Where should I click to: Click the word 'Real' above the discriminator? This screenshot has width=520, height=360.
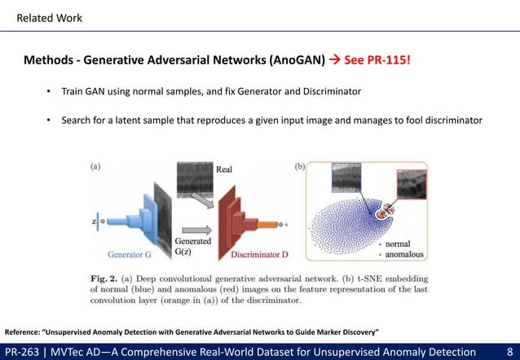(226, 169)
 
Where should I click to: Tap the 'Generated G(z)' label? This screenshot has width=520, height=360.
(194, 245)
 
